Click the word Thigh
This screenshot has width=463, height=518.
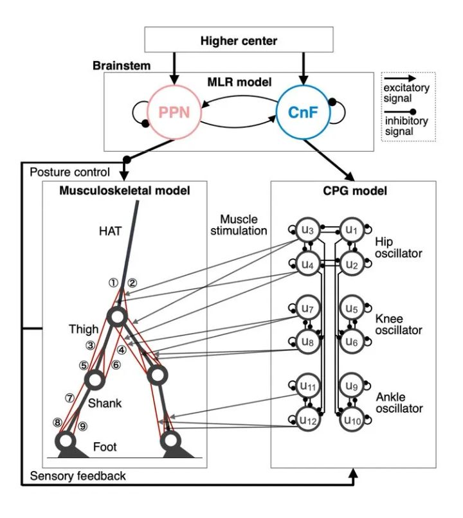click(x=84, y=329)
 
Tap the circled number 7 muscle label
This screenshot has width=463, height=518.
click(x=69, y=398)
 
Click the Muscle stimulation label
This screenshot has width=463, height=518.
click(x=239, y=224)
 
